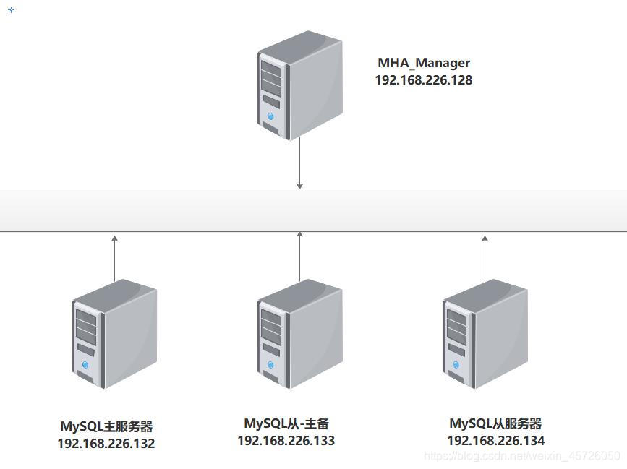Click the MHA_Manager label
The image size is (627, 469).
(424, 64)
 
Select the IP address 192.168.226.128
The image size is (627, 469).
(424, 80)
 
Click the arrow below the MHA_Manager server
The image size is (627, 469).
(299, 164)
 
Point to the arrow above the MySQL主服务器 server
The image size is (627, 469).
(114, 257)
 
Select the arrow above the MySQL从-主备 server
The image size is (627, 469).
(299, 256)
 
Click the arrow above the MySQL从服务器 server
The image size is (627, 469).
(485, 257)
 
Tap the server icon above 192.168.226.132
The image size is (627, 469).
(114, 333)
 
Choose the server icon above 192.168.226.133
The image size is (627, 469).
(299, 333)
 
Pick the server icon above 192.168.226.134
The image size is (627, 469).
(485, 333)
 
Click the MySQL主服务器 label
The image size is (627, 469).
(106, 426)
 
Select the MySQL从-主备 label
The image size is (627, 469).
(286, 423)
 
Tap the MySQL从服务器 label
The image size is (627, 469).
(495, 423)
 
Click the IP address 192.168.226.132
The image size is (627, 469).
(106, 443)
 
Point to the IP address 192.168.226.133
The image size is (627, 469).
(286, 440)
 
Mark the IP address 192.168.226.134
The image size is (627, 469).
(495, 440)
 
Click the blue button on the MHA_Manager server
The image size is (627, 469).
(271, 116)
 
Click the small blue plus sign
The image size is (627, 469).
(11, 10)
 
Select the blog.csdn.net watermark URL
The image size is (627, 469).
(521, 456)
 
